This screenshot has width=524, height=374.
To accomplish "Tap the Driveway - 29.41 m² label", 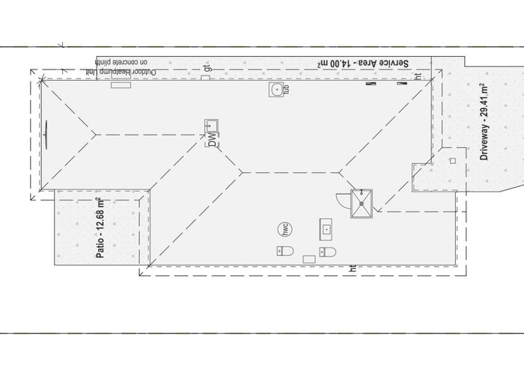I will pyautogui.click(x=484, y=123).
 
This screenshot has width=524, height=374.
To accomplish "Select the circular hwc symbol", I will pyautogui.click(x=285, y=229).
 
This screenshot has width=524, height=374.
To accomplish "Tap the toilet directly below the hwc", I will pyautogui.click(x=284, y=252).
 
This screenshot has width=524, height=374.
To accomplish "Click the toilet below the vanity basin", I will pyautogui.click(x=327, y=251).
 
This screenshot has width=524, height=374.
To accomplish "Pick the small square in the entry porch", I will pyautogui.click(x=451, y=159).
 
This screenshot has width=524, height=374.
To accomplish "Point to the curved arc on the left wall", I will pyautogui.click(x=48, y=134).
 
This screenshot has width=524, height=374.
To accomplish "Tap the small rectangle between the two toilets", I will pyautogui.click(x=308, y=259).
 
